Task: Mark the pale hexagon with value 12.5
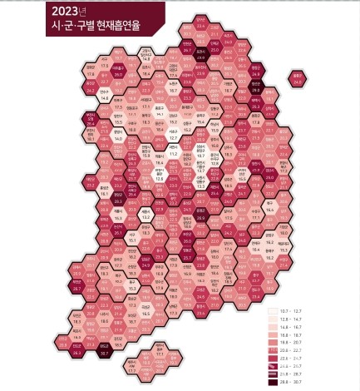pos(160,176)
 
